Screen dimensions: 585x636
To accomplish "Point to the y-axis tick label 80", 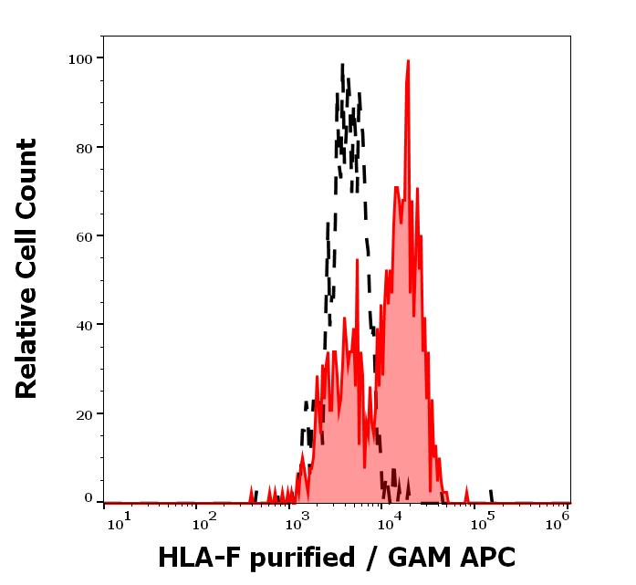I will tap(83, 147).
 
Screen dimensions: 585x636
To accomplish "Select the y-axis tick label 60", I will tap(83, 235).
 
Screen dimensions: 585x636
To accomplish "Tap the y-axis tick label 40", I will tap(83, 324).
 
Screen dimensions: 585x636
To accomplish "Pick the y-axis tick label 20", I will tap(83, 413).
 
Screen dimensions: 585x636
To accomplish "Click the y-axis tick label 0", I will tap(89, 499).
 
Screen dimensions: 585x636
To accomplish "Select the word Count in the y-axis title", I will tap(27, 174).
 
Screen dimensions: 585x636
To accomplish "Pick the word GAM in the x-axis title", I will tap(419, 557).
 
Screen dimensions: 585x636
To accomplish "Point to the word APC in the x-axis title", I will tap(489, 557).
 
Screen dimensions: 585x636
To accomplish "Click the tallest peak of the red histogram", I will tap(408, 61).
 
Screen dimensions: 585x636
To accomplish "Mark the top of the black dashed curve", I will tap(342, 65).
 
